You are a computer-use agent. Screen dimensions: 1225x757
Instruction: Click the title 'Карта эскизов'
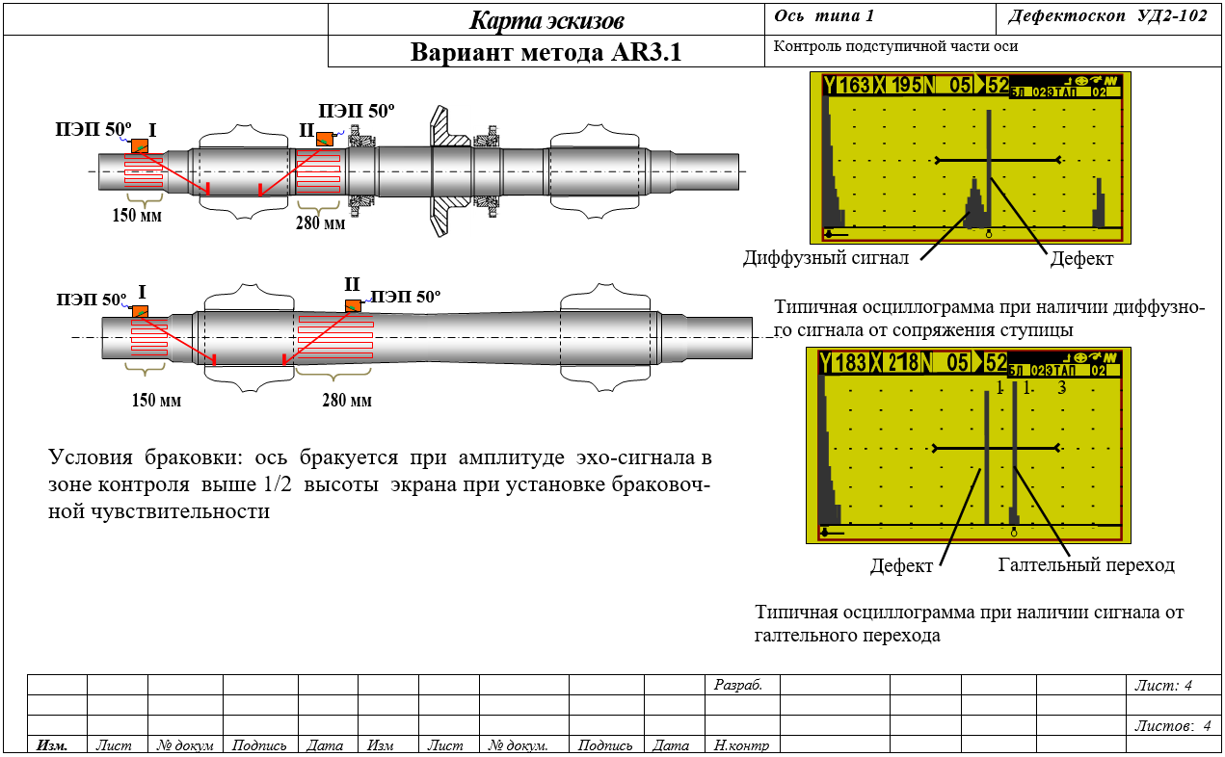point(546,21)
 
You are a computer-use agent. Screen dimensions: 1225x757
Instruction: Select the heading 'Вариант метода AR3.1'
point(546,52)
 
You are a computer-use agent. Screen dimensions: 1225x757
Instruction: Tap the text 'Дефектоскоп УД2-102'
point(1107,15)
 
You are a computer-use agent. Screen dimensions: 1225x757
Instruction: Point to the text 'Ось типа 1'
point(824,15)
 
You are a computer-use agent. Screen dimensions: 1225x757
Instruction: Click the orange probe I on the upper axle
point(140,146)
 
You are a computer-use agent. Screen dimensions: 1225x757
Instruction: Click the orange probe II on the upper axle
point(325,139)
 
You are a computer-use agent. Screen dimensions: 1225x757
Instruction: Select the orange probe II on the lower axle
point(353,305)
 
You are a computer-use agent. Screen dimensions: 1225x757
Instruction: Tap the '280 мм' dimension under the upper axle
point(321,223)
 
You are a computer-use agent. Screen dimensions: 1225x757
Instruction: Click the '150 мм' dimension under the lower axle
point(156,400)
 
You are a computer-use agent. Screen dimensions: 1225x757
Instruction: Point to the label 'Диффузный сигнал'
point(826,257)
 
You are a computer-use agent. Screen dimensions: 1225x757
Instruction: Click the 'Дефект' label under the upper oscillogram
point(1081,258)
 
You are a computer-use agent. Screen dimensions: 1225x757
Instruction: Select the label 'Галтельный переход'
point(1086,564)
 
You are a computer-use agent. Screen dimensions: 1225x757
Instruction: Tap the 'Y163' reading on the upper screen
point(846,86)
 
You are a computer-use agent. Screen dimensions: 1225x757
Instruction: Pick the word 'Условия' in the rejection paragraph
point(91,457)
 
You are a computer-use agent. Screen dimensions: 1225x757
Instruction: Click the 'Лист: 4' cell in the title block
point(1162,685)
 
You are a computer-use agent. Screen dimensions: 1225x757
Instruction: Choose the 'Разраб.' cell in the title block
point(737,685)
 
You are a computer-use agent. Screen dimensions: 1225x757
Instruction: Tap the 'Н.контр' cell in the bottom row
point(741,745)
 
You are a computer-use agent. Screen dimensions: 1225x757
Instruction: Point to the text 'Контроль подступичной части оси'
point(895,46)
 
